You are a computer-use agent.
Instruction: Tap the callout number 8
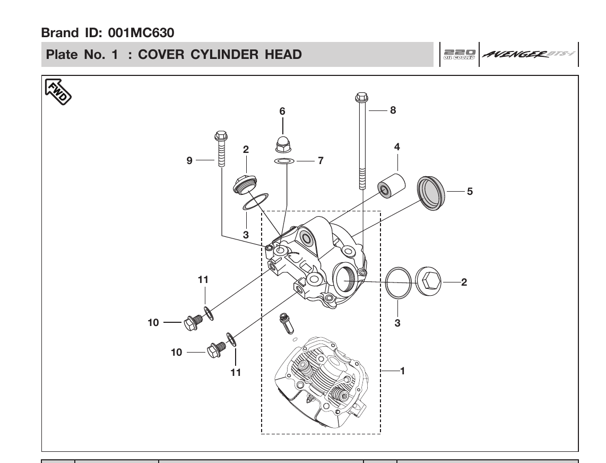[x=393, y=110]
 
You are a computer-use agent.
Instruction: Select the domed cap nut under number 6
[x=283, y=143]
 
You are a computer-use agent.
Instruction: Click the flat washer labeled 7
[x=283, y=160]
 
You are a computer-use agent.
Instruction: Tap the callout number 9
[x=189, y=160]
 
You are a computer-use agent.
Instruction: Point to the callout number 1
[x=402, y=371]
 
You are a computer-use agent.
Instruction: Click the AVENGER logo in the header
[x=527, y=54]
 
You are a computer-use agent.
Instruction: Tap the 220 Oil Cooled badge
[x=459, y=54]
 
